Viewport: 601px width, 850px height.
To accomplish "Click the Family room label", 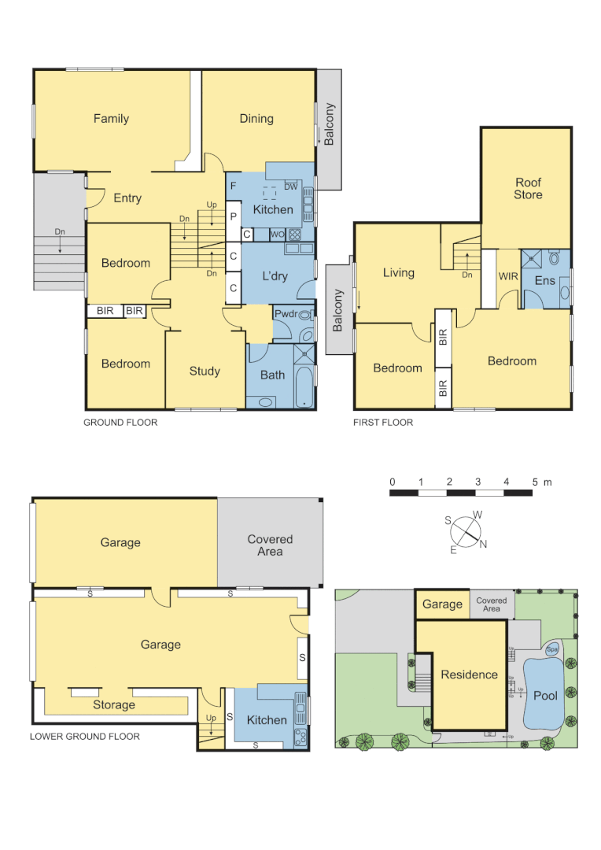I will click(x=111, y=119).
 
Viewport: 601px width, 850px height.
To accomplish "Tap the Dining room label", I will click(x=256, y=119).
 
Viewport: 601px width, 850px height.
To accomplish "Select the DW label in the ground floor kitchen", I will click(x=291, y=187).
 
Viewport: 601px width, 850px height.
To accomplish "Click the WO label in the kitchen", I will click(x=277, y=234).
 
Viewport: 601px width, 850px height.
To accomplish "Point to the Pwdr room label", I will click(x=284, y=314).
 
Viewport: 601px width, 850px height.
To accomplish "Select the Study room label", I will click(x=205, y=371).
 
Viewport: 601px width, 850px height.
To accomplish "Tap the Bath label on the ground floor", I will click(x=272, y=375).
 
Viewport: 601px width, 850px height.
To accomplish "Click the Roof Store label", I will click(x=528, y=189).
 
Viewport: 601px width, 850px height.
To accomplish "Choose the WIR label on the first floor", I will click(x=507, y=277).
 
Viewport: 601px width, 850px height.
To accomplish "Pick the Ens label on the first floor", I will click(x=544, y=281).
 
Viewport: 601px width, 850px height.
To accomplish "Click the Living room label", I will click(x=398, y=273).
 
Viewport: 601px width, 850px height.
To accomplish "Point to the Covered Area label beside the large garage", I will click(x=270, y=545).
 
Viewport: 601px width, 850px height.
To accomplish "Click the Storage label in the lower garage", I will click(x=114, y=705).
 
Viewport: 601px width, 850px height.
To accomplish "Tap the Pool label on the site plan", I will click(x=545, y=697).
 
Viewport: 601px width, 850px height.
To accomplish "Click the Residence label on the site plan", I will click(x=469, y=674).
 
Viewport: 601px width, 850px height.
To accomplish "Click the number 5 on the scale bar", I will click(x=535, y=482).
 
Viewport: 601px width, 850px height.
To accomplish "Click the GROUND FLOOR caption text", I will click(x=120, y=423).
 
